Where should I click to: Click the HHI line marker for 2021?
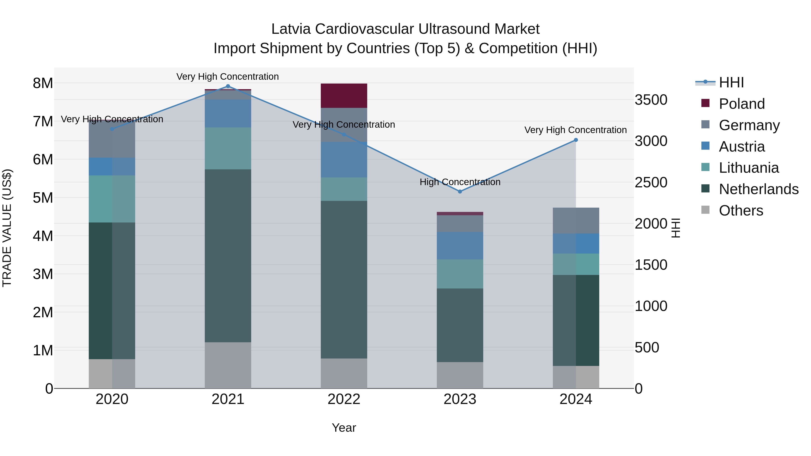click(228, 86)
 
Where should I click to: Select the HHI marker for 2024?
click(576, 140)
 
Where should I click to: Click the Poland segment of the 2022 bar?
click(344, 96)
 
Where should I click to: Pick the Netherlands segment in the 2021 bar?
click(228, 256)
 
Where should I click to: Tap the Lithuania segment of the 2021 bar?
click(228, 148)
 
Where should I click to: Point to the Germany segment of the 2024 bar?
click(576, 221)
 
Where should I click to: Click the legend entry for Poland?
click(741, 104)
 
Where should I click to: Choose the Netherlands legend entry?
click(758, 189)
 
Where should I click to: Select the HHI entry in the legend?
click(731, 82)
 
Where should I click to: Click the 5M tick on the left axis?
click(43, 198)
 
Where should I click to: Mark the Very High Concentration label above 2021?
click(227, 77)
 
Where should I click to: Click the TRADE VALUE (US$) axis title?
click(7, 228)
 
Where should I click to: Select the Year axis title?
click(344, 428)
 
